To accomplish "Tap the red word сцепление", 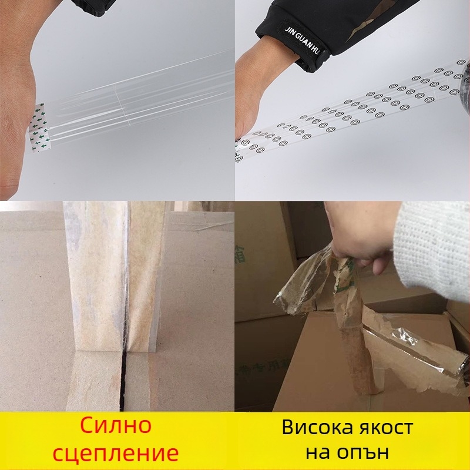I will (117, 454).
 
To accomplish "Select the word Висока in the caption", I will (320, 427).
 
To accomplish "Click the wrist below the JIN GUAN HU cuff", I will (264, 76).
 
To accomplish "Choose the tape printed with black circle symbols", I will (352, 112).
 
